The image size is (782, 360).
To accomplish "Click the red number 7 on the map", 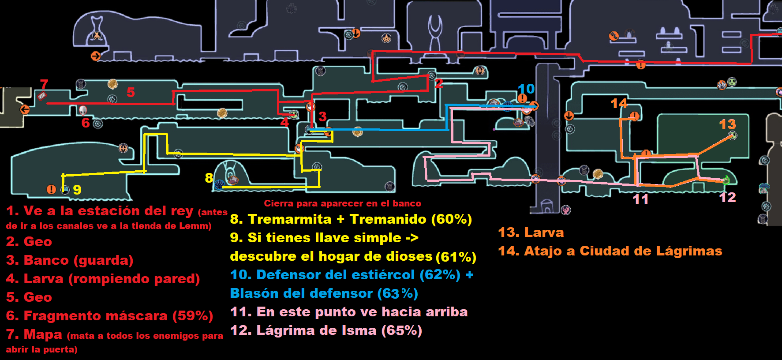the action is [44, 84].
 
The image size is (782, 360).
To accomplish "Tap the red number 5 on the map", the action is [131, 92].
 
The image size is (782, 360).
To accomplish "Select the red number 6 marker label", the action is [86, 123].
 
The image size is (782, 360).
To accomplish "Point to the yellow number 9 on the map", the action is [77, 190].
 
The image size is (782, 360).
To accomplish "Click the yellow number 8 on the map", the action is [209, 178].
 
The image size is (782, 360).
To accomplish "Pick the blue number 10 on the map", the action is [526, 89].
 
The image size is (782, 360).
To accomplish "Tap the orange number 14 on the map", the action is [619, 104].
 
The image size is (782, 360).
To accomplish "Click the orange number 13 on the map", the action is [727, 124].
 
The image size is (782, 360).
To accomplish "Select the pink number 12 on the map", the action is [727, 197].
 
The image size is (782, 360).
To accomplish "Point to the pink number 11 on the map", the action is [640, 199].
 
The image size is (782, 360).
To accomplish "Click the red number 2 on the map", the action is [438, 84].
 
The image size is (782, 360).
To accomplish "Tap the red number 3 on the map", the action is [322, 117].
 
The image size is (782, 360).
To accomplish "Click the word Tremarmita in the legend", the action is [289, 219].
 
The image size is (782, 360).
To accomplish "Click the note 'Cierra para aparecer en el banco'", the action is [342, 203].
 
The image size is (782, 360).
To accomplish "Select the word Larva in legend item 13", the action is [544, 232].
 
